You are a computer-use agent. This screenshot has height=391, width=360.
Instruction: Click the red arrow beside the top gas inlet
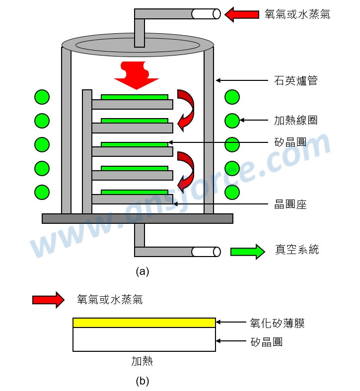click(x=242, y=14)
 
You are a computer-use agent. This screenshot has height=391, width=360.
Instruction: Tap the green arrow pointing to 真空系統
click(x=247, y=252)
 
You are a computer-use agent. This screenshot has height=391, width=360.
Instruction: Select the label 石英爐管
click(x=295, y=80)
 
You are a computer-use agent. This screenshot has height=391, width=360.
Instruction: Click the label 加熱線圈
click(x=295, y=120)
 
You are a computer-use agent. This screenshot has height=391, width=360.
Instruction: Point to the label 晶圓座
click(x=290, y=204)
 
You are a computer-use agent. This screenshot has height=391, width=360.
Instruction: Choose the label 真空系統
click(x=297, y=250)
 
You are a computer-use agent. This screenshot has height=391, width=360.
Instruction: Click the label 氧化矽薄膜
click(x=277, y=324)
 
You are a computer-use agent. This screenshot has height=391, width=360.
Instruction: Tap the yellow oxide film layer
click(x=144, y=323)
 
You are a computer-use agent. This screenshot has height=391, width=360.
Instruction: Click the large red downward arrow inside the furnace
click(x=136, y=75)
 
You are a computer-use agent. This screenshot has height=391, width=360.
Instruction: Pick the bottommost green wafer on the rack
click(x=134, y=192)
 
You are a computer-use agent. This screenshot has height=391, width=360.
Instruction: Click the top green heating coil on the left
click(x=42, y=97)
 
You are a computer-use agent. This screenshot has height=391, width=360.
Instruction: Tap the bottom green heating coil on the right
click(x=232, y=192)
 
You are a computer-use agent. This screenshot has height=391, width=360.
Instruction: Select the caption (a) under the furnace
click(x=142, y=271)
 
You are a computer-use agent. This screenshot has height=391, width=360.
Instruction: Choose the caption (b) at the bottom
click(x=142, y=381)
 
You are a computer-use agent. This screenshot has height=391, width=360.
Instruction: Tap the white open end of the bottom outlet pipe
click(x=206, y=252)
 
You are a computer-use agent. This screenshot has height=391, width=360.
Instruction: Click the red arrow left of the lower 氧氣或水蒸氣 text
click(x=48, y=300)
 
